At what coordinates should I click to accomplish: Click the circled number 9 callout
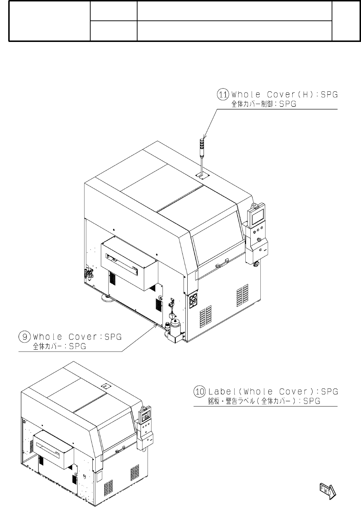pos(24,337)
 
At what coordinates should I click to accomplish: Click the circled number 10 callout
pos(199,391)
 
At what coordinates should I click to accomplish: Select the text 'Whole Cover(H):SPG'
pos(285,95)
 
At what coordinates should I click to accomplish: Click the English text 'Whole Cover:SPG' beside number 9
pos(77,337)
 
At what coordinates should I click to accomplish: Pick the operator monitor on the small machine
pos(145,416)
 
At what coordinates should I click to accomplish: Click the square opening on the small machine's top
pos(105,386)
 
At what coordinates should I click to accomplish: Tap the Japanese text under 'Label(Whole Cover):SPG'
pos(264,401)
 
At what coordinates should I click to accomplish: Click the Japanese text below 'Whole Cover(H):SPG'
pos(264,104)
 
